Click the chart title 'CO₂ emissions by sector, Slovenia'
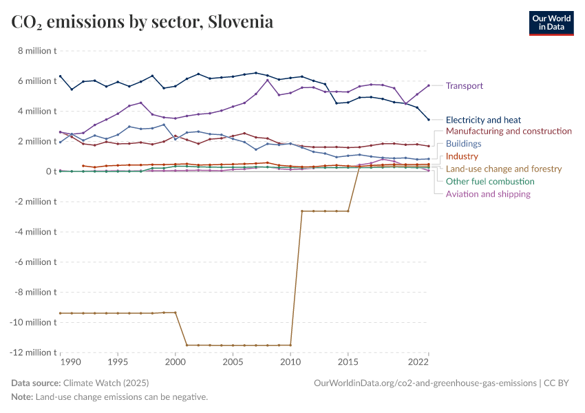tap(142, 22)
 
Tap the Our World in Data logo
tap(551, 23)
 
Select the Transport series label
tap(464, 86)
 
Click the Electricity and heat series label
tap(483, 120)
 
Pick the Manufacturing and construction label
tap(509, 131)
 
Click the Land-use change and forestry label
tap(503, 169)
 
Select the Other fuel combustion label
tap(489, 181)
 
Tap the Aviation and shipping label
tap(488, 194)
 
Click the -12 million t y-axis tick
tap(34, 352)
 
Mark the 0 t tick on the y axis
tap(51, 171)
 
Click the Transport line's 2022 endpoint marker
tap(428, 85)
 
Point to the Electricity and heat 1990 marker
tap(61, 76)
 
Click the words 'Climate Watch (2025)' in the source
tap(106, 383)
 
